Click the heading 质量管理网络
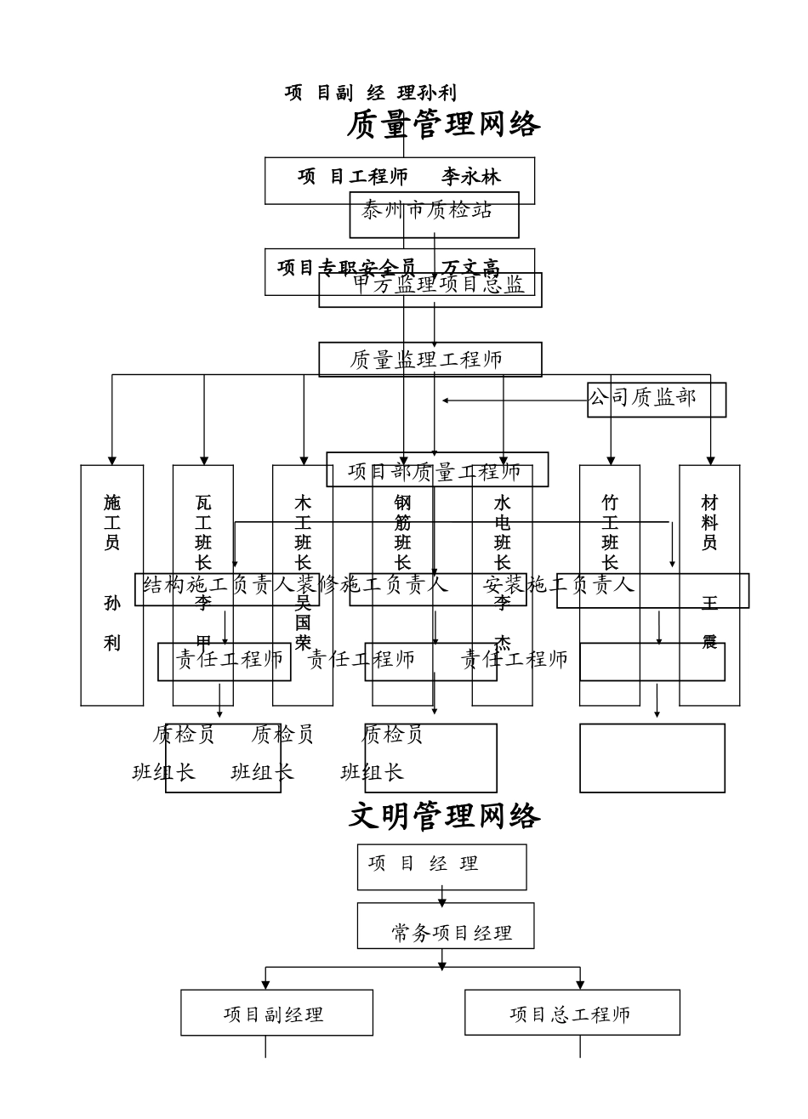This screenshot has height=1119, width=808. click(x=443, y=125)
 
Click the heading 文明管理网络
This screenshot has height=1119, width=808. click(x=445, y=816)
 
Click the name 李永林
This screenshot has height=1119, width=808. click(x=470, y=177)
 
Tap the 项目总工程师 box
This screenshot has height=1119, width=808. click(x=572, y=1013)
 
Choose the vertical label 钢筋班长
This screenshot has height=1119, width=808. click(x=403, y=533)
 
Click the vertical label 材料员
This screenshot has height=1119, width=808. click(x=709, y=522)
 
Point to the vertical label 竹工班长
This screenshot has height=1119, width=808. click(x=610, y=533)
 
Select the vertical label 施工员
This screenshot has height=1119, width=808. click(x=112, y=522)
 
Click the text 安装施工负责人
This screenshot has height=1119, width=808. click(x=560, y=585)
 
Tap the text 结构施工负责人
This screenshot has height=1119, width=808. click(x=219, y=585)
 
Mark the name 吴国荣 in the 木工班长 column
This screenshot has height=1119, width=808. click(x=304, y=622)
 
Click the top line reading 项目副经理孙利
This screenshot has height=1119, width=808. click(x=371, y=94)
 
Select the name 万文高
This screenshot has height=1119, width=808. click(x=470, y=269)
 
